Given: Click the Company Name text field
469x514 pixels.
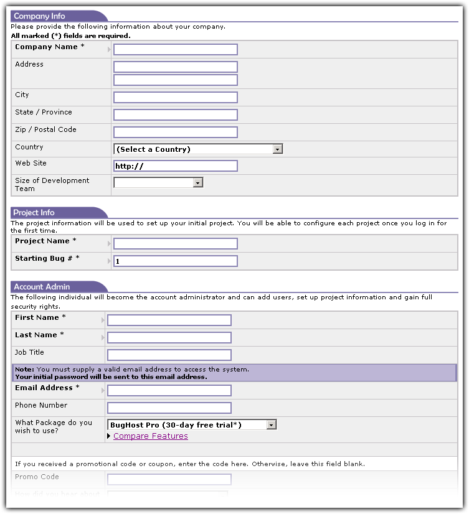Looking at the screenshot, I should click(176, 50).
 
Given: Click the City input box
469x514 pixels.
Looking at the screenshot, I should click(176, 98).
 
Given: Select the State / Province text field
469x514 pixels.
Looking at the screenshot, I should click(176, 115).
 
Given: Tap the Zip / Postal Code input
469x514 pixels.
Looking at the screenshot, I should click(176, 133).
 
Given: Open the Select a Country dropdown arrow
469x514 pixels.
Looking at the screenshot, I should click(278, 149).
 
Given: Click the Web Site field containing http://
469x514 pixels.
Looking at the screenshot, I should click(176, 166).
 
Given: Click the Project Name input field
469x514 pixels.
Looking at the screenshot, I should click(176, 244).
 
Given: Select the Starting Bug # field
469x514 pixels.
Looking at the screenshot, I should click(176, 261).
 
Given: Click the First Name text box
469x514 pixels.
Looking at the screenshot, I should click(169, 320).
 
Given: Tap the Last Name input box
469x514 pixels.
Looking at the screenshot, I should click(169, 338).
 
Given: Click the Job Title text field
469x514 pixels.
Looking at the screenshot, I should click(169, 355).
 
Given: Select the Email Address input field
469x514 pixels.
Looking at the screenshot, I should click(169, 391).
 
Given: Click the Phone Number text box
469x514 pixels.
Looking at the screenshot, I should click(169, 408).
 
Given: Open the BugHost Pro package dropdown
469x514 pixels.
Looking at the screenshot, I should click(271, 425).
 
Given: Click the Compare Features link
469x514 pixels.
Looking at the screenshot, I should click(151, 436).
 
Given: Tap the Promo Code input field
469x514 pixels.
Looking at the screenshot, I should click(169, 480).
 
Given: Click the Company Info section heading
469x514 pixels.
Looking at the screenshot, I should click(39, 16).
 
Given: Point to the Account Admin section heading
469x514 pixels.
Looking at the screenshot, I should click(42, 287).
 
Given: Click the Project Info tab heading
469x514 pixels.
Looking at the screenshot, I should click(34, 212).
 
